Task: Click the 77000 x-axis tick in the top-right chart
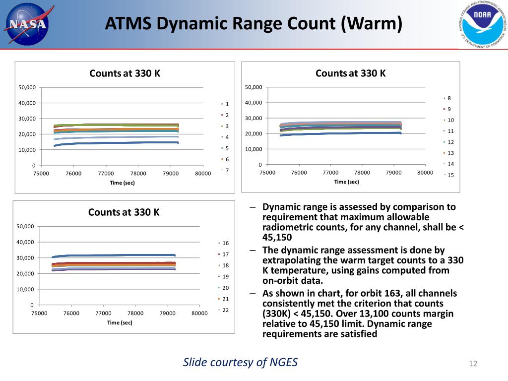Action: pos(330,173)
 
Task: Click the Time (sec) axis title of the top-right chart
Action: pos(347,182)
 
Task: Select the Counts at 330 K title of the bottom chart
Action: pos(124,212)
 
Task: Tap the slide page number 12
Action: pos(472,364)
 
